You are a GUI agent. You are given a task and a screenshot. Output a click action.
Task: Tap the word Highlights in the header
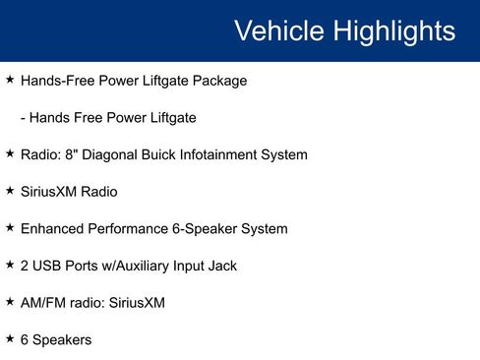(x=395, y=30)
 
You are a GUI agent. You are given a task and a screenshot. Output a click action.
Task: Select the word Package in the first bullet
(x=218, y=81)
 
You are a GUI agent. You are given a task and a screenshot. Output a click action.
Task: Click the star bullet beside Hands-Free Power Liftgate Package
(x=10, y=79)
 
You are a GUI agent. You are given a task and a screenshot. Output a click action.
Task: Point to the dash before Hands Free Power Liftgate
(x=24, y=118)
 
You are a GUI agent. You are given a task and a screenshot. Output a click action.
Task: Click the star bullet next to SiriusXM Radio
(x=10, y=190)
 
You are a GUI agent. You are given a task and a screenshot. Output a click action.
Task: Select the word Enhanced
(x=53, y=229)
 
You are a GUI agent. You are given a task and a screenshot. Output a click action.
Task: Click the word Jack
(x=220, y=266)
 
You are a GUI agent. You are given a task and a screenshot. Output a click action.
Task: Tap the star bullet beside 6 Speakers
(x=10, y=338)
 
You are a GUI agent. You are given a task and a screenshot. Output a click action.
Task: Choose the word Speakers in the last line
(x=62, y=340)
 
